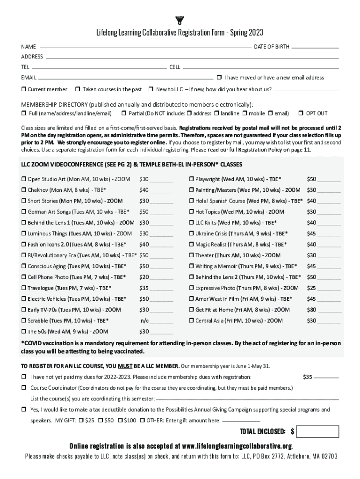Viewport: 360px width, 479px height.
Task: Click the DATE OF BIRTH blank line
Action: [x=315, y=48]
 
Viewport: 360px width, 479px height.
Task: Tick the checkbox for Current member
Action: [x=23, y=89]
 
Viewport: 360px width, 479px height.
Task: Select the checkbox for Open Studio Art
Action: [x=23, y=179]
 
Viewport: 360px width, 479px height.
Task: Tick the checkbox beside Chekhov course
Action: [x=23, y=190]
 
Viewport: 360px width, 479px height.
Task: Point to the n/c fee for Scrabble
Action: [x=145, y=320]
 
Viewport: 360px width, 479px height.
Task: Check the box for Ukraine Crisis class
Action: [x=191, y=233]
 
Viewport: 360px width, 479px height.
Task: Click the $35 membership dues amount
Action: [x=308, y=377]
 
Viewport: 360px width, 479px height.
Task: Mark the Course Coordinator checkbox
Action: [x=23, y=388]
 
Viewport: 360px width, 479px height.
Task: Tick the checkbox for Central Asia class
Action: [x=191, y=320]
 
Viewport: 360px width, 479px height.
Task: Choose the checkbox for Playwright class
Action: [x=191, y=179]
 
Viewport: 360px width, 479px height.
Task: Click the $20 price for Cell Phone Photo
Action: [x=144, y=277]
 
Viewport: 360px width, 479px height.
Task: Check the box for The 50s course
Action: [x=23, y=332]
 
